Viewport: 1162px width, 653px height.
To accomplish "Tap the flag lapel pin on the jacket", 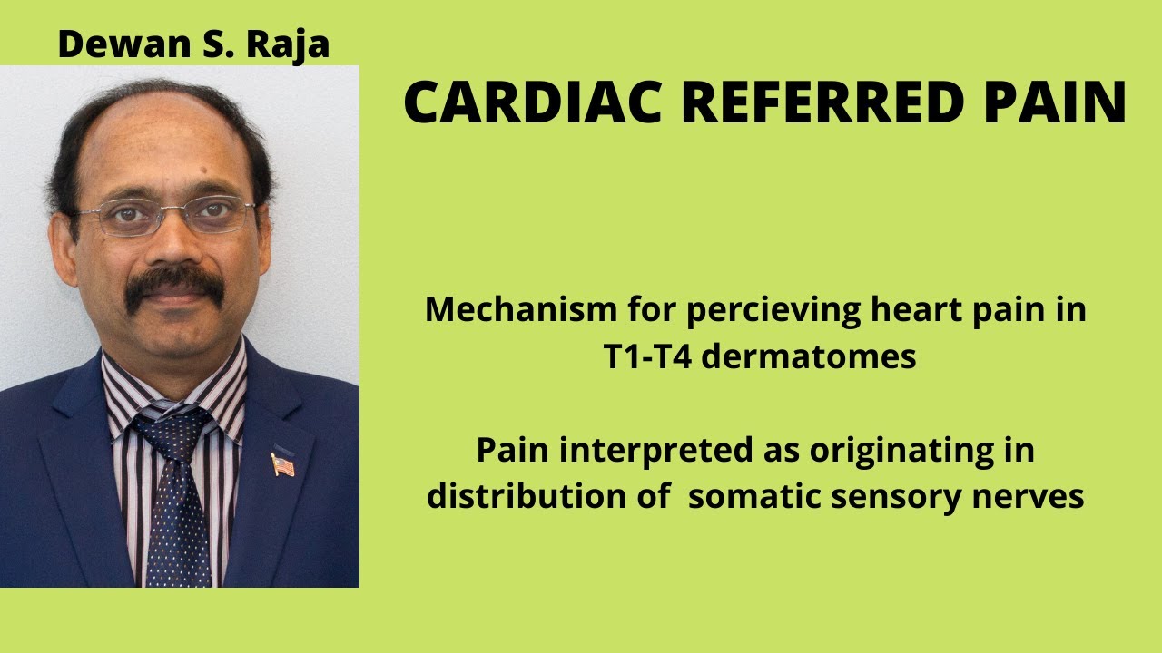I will point(282,463).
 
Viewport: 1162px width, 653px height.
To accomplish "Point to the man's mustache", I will point(175,288).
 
